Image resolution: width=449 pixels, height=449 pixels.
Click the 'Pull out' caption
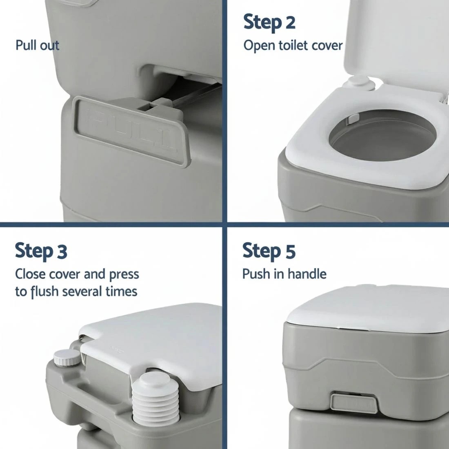tap(37, 45)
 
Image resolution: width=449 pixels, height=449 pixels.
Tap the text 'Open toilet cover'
tap(293, 45)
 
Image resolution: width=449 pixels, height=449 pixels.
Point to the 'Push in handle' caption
tap(284, 273)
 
